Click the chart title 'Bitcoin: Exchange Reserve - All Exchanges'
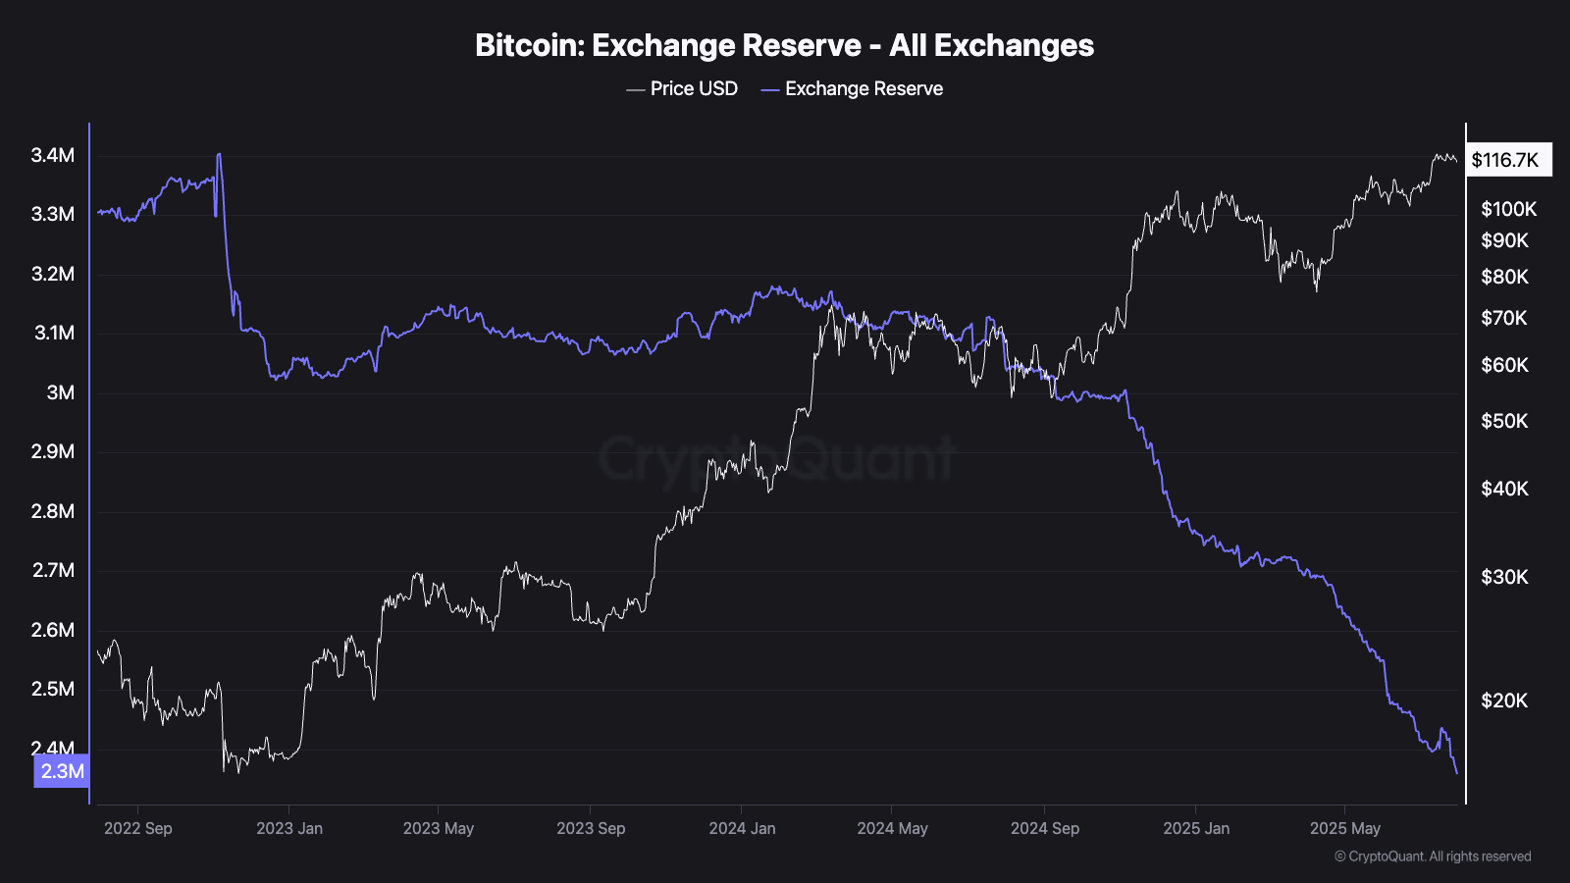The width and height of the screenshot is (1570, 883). click(784, 45)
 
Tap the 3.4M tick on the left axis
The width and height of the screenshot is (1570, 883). click(53, 155)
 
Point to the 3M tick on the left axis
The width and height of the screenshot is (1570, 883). click(61, 392)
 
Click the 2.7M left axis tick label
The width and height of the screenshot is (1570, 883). click(53, 570)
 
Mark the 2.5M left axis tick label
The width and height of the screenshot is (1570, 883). click(53, 689)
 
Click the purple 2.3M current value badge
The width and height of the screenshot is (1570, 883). click(62, 771)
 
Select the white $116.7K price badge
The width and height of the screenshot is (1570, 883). click(1508, 160)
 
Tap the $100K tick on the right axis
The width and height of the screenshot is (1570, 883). click(1509, 209)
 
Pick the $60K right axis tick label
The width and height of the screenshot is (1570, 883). click(1505, 365)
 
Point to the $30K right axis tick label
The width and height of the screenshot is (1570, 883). click(1505, 577)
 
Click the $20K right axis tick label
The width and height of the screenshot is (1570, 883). click(1505, 701)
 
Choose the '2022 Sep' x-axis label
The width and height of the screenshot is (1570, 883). click(138, 828)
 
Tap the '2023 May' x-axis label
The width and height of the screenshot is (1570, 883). click(439, 828)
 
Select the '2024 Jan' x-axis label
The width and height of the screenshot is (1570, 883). click(743, 828)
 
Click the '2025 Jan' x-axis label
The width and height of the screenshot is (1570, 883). click(1196, 828)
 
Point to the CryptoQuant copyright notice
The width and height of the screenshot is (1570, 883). click(1433, 857)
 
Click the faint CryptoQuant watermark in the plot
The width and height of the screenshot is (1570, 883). click(776, 459)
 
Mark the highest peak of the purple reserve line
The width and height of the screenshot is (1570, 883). click(219, 154)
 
